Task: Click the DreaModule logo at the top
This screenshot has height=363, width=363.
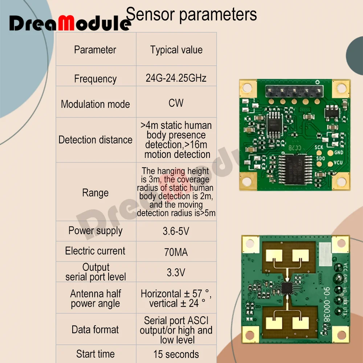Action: (x=69, y=23)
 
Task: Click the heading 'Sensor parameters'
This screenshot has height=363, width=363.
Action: (x=191, y=15)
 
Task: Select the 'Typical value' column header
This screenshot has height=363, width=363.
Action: (x=176, y=50)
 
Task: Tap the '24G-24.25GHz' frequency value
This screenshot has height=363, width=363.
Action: (x=176, y=78)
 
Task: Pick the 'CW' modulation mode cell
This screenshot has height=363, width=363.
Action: (x=176, y=103)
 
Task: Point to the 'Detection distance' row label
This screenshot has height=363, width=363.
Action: (x=95, y=140)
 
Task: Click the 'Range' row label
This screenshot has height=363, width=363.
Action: (x=95, y=193)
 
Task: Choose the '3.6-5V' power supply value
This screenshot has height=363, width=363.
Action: (x=176, y=231)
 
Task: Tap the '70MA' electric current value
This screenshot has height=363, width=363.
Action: (x=176, y=252)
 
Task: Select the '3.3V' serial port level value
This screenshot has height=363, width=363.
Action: (x=176, y=272)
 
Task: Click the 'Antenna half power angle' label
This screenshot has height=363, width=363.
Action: (x=95, y=298)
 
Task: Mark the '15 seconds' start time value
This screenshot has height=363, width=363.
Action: (x=176, y=354)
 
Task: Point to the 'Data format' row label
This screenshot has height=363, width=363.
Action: (x=95, y=330)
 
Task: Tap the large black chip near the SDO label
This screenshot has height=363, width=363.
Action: (x=295, y=169)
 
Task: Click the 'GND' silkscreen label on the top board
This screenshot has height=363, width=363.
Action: (x=339, y=153)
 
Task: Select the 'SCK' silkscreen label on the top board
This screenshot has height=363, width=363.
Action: (x=319, y=147)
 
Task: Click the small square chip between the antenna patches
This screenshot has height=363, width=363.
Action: (x=287, y=289)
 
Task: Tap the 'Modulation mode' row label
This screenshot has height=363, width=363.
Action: (x=95, y=104)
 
